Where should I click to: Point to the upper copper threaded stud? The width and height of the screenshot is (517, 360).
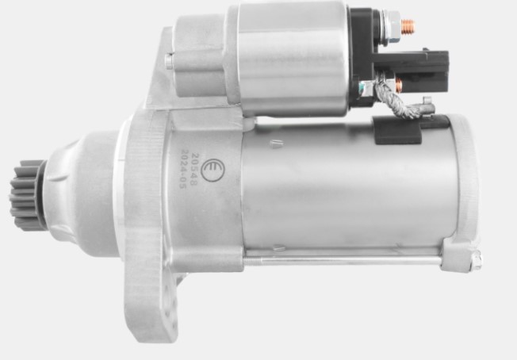coord(408,26)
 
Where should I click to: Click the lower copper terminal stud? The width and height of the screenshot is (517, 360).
coord(398,84)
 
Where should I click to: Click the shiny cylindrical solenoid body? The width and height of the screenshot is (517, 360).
coord(293,56)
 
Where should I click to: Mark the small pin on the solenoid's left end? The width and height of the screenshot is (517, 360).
coord(169,60)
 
